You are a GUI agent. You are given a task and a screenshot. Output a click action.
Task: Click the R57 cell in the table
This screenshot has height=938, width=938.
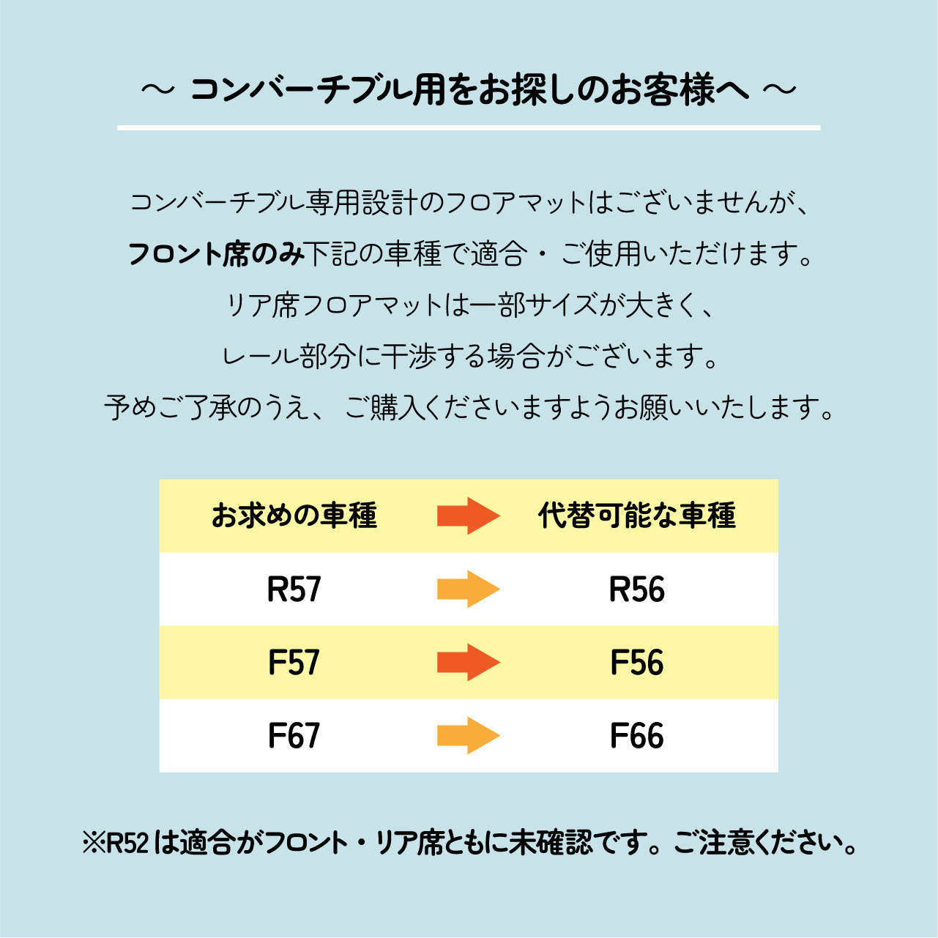294,589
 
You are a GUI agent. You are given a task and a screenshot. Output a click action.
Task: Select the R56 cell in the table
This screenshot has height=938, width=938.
637,589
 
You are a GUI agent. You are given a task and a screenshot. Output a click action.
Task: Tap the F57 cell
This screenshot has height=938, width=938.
294,662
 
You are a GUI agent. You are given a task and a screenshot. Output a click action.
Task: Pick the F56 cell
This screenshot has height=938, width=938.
637,662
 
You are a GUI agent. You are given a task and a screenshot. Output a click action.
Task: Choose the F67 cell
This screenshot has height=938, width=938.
294,735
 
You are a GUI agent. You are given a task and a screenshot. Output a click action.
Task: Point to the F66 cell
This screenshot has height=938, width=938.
637,735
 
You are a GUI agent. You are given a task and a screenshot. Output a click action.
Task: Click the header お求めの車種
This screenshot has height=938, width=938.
294,515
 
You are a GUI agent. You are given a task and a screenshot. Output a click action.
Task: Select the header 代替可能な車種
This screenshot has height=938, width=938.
637,515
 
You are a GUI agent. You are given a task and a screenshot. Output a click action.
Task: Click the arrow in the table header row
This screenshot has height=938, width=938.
469,515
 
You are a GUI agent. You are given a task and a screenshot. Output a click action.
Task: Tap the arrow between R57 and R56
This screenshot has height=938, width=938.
469,589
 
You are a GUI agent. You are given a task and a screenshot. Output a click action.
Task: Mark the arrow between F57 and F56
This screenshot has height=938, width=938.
469,662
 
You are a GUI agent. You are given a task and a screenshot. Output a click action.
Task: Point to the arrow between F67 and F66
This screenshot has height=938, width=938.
469,735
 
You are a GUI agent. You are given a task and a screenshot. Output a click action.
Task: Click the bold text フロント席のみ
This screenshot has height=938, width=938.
217,254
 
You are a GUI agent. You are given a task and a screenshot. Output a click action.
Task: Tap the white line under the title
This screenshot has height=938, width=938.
469,128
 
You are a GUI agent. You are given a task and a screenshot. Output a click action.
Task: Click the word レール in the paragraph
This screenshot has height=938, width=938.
259,356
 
